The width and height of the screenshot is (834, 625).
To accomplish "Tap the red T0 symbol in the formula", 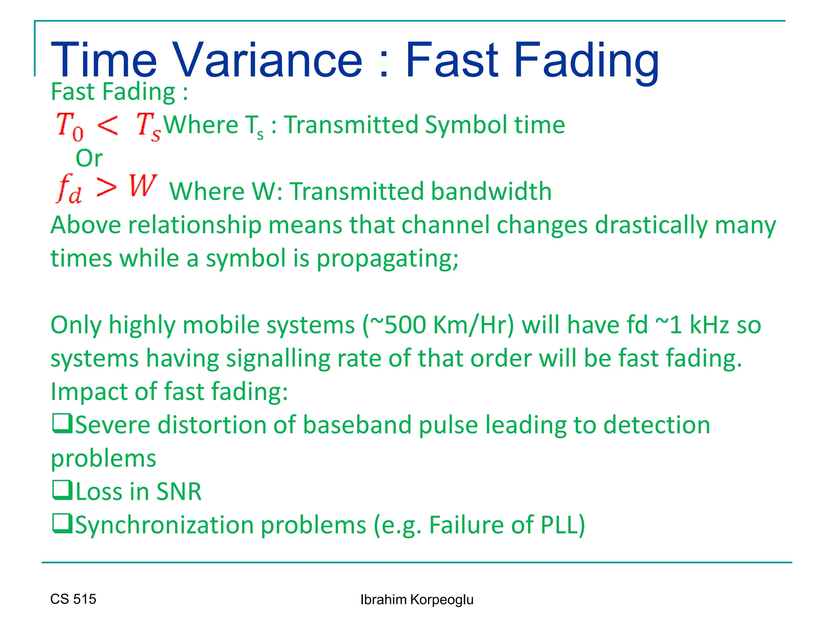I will [70, 126].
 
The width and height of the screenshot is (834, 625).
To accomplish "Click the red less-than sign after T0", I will [108, 125].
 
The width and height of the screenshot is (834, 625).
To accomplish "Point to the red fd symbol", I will [69, 189].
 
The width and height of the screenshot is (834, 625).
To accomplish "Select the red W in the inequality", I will [143, 186].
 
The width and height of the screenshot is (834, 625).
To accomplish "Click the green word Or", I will [89, 158].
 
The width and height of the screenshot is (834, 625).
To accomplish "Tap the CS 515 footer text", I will [73, 599].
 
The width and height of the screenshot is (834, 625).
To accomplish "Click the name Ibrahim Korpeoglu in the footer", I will [417, 600].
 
